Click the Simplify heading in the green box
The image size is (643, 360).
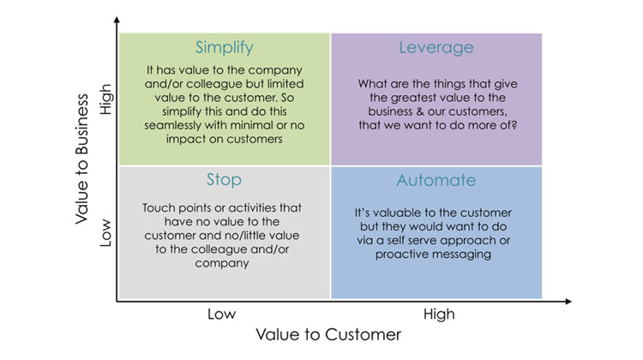225,48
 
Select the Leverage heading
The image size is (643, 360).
436,48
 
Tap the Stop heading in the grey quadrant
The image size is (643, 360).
224,180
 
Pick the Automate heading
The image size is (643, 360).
436,180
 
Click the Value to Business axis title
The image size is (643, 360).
82,159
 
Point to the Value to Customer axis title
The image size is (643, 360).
328,334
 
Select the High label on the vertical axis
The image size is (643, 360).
105,99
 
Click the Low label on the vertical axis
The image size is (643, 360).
105,232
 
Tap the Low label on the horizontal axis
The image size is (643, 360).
221,314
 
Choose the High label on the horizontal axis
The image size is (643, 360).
439,315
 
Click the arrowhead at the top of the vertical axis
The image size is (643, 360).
117,19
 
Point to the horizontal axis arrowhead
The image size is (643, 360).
568,302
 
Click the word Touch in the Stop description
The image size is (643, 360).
155,208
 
